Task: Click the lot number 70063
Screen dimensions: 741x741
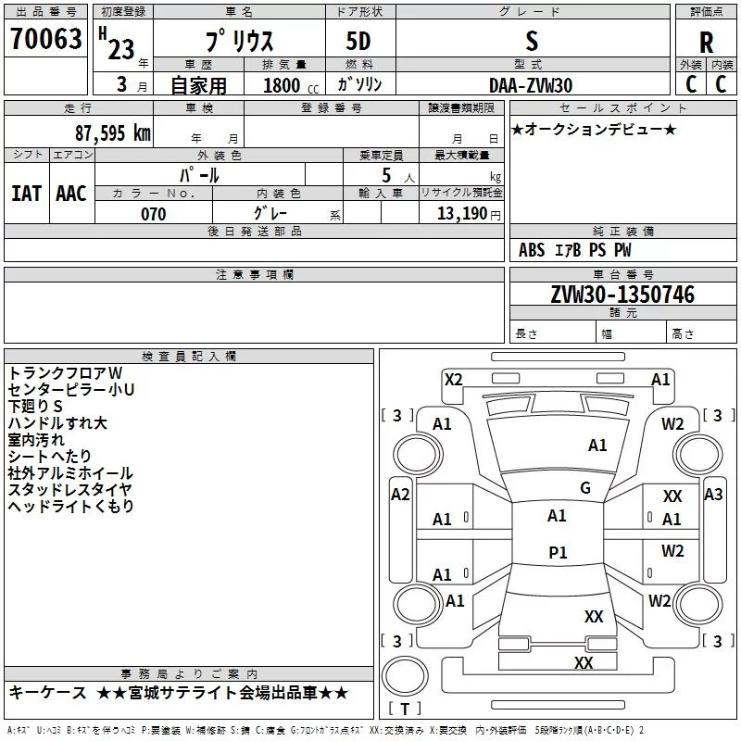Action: (45, 38)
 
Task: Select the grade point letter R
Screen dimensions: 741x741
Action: (706, 42)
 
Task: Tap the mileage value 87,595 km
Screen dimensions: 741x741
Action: (112, 132)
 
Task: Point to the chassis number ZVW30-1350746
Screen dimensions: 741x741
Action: (622, 294)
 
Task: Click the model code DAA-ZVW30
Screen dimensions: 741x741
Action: (531, 85)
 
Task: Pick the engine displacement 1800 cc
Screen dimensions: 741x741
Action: (291, 85)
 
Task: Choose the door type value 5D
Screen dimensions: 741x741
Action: (358, 42)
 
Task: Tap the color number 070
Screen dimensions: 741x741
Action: (154, 214)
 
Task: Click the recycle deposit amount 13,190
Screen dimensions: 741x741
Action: (462, 213)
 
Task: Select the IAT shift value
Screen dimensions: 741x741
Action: (26, 194)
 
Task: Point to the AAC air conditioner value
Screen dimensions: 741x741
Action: (71, 194)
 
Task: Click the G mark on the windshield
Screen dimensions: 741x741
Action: (585, 488)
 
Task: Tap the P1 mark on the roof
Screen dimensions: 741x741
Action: (558, 552)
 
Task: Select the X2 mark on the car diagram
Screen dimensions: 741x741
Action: (454, 380)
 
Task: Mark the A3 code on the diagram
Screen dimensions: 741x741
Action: (713, 495)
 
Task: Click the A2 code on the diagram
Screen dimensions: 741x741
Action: (400, 495)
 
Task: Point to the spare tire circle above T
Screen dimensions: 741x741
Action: (405, 676)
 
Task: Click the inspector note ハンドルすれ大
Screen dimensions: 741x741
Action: (57, 423)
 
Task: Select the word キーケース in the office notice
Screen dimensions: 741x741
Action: (47, 693)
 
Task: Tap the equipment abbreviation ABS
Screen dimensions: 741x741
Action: (532, 250)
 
